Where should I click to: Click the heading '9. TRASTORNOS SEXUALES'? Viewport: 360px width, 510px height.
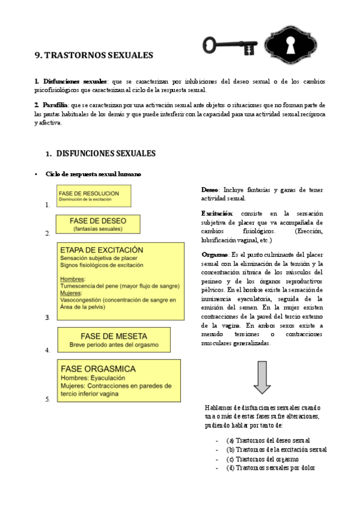94,55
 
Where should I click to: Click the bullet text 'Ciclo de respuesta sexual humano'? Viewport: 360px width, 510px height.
93,174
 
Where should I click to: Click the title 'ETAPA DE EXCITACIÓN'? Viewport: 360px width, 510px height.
102,250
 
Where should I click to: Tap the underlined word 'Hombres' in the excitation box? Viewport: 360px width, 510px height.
73,279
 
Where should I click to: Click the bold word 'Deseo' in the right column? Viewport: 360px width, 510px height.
210,190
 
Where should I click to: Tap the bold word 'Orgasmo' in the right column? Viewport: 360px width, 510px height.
215,254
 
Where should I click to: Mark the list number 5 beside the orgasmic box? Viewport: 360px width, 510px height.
47,399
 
